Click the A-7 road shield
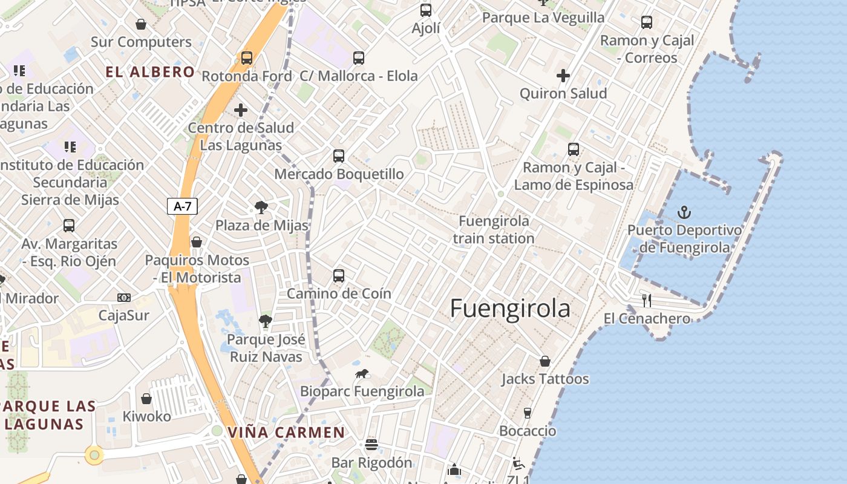point(182,206)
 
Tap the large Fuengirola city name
point(510,309)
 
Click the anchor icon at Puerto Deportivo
point(684,212)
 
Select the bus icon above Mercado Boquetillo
point(339,156)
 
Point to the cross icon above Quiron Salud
point(563,76)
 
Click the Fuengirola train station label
point(494,229)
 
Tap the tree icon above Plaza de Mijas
point(262,208)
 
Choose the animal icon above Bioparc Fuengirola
point(362,373)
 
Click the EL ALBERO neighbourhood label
point(150,72)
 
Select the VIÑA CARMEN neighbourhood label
point(286,433)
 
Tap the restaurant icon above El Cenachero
point(647,300)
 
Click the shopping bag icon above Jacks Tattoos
point(545,361)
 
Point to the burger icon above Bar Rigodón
point(371,445)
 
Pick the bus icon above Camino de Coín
point(339,276)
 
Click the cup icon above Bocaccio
point(528,413)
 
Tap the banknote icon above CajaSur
point(124,298)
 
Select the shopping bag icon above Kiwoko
point(146,399)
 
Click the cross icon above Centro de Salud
point(241,110)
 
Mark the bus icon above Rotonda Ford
point(247,58)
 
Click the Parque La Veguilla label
point(543,18)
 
